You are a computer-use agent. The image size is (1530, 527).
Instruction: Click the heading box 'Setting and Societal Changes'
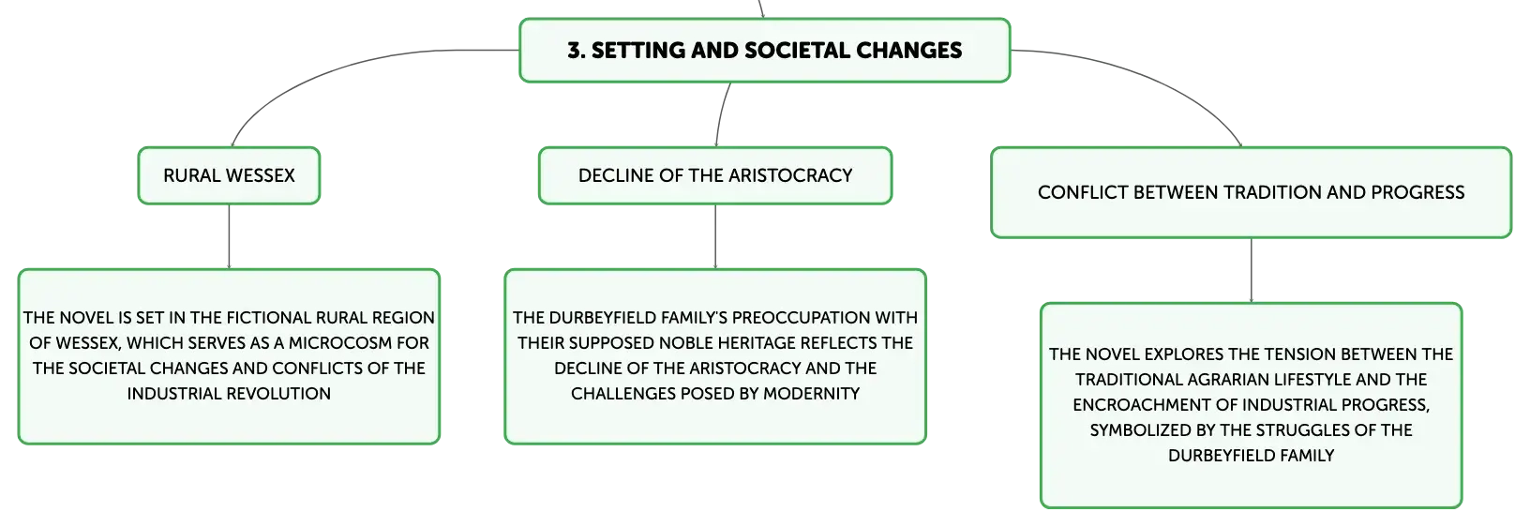764,51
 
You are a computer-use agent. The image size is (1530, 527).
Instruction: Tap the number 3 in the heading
574,51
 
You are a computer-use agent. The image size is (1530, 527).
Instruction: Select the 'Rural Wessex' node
229,175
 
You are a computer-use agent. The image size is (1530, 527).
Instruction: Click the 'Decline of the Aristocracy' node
715,175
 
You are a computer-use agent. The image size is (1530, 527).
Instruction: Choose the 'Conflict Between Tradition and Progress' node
1251,193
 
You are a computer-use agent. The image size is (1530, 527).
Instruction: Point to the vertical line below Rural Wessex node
229,236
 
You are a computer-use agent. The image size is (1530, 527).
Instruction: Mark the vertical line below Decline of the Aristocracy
715,236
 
